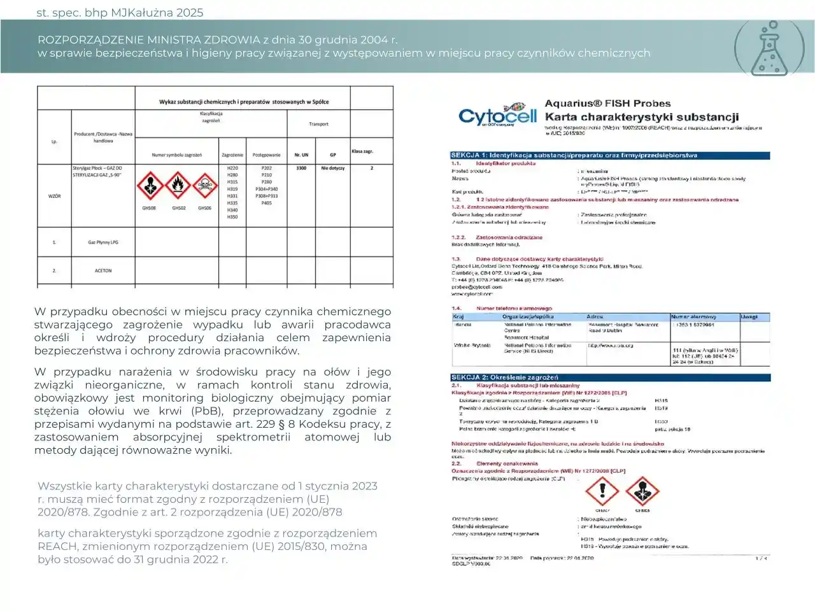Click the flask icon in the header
click(x=769, y=49)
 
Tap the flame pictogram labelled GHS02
click(x=178, y=186)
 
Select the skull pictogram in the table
click(x=205, y=186)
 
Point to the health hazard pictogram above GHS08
click(x=150, y=186)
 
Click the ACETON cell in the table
click(x=103, y=270)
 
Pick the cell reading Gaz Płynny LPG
click(x=103, y=242)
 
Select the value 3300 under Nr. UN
click(x=301, y=168)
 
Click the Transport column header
click(x=318, y=124)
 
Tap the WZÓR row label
click(x=55, y=196)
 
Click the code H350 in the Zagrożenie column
click(x=232, y=217)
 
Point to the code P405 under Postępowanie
click(x=266, y=203)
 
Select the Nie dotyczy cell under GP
click(x=332, y=168)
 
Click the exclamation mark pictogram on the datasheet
click(x=602, y=491)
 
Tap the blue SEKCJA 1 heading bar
click(x=610, y=155)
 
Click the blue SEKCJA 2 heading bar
click(x=610, y=377)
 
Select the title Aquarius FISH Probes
click(x=607, y=103)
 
